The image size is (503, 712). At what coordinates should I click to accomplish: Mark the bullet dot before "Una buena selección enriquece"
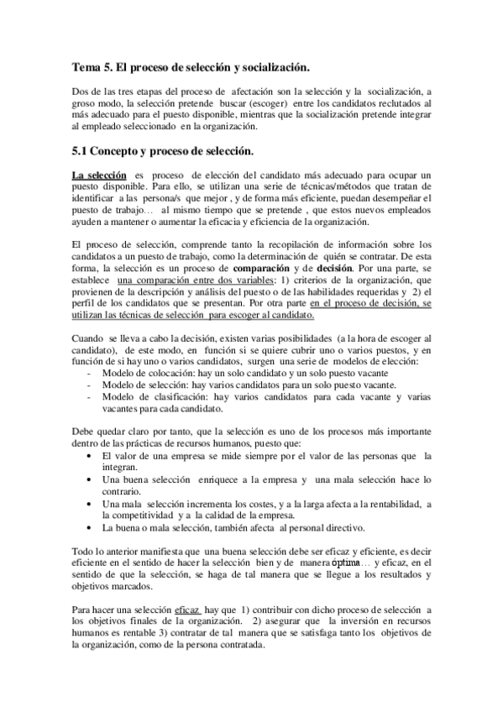pyautogui.click(x=91, y=479)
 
